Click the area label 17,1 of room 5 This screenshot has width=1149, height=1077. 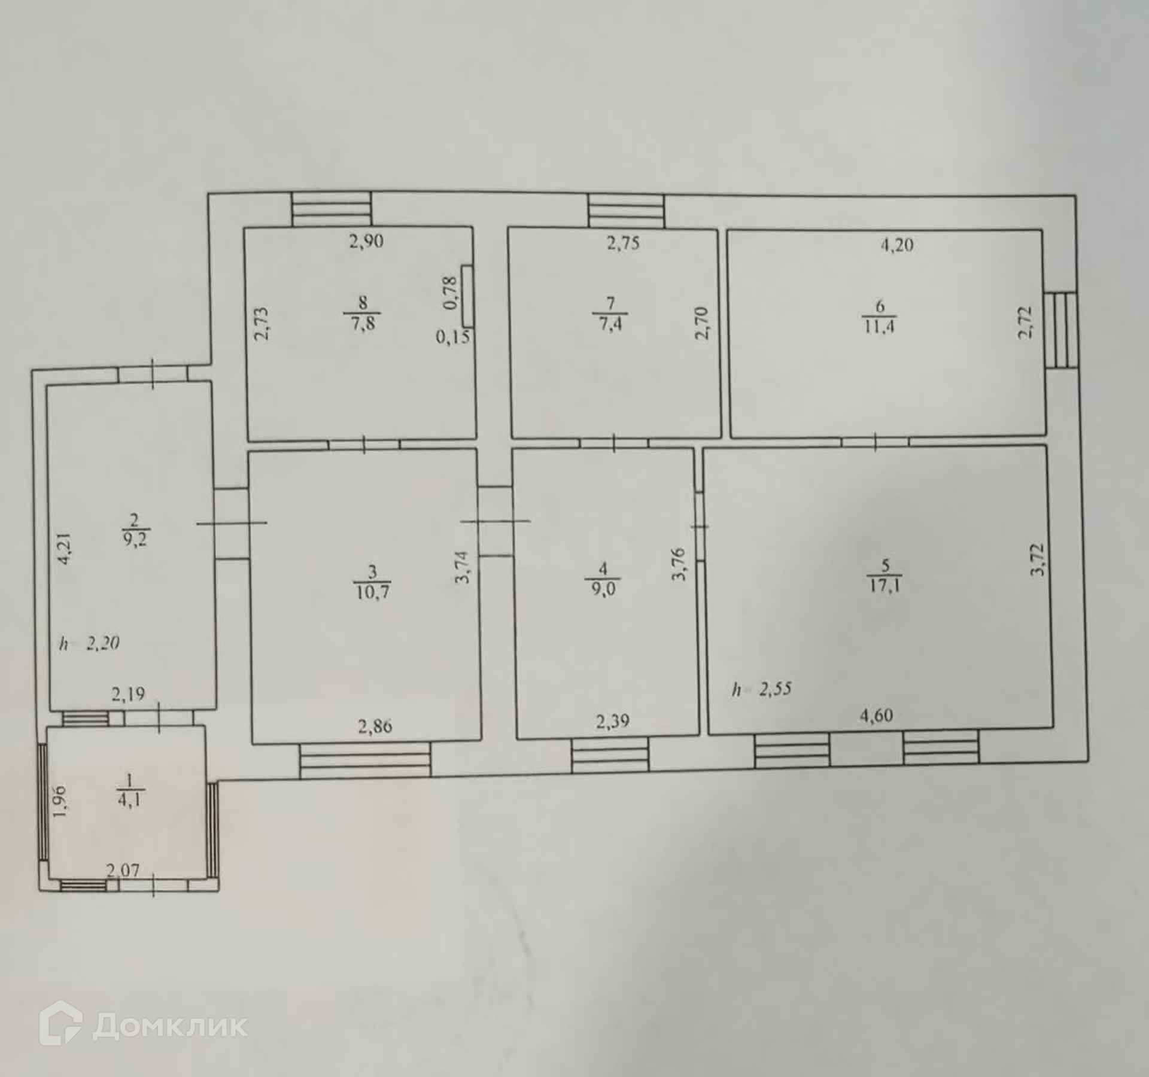(x=885, y=585)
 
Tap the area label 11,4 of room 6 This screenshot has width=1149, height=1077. (x=879, y=327)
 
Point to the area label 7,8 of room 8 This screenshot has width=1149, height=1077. (x=363, y=324)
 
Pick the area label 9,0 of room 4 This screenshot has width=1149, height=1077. (x=602, y=588)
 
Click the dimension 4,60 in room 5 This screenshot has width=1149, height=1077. (x=876, y=715)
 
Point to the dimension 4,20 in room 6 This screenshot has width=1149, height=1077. (x=896, y=245)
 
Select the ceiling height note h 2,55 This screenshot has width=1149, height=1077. (x=761, y=689)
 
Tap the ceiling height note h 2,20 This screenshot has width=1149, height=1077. (x=89, y=644)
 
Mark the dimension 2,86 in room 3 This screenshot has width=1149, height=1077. (x=375, y=726)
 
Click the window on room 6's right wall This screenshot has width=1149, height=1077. (x=1061, y=330)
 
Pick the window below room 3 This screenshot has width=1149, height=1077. (x=365, y=760)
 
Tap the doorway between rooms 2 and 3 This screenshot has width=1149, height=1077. (x=232, y=524)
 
